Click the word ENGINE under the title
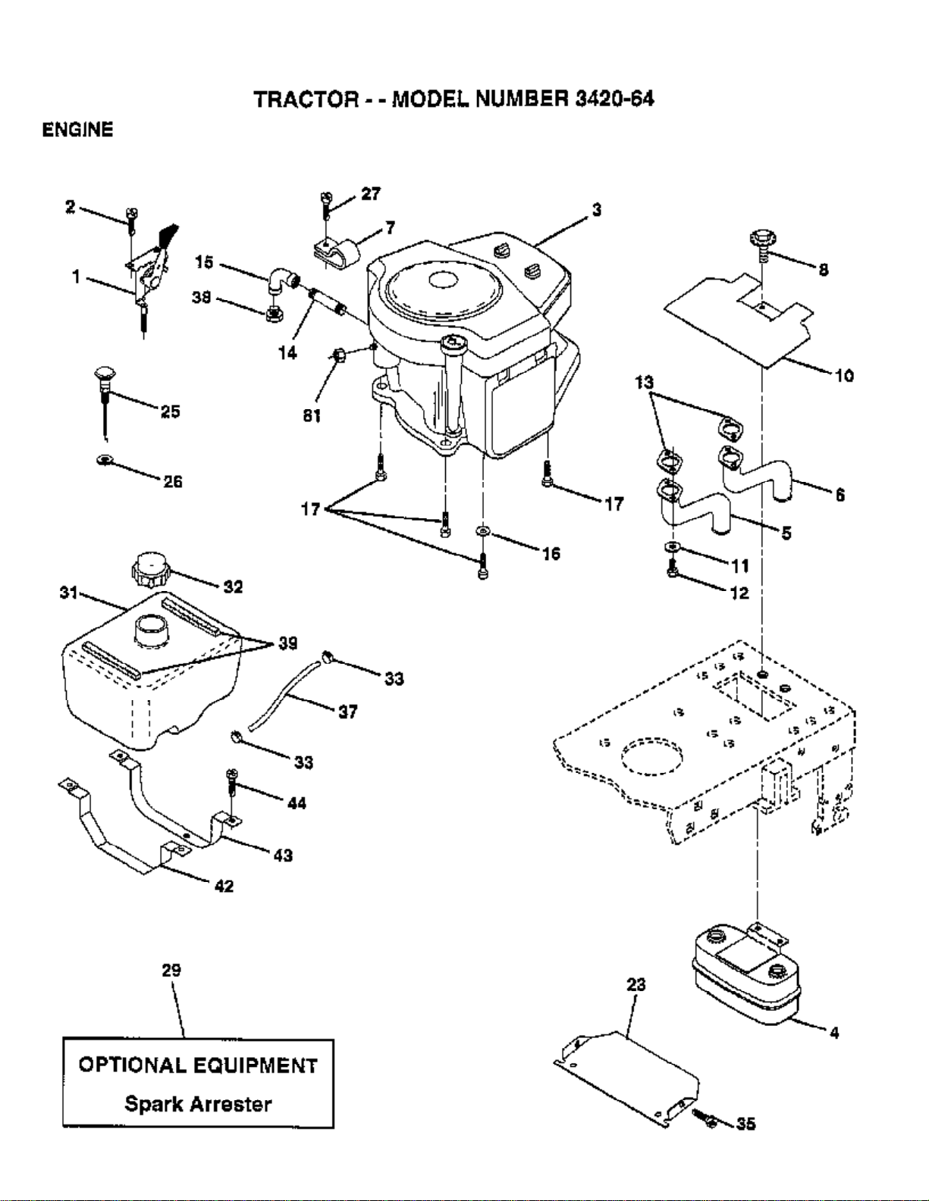pyautogui.click(x=78, y=130)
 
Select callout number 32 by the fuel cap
pyautogui.click(x=234, y=586)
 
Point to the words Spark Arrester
pyautogui.click(x=198, y=1104)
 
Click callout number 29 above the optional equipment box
pyautogui.click(x=171, y=970)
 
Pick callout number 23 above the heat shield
pyautogui.click(x=636, y=984)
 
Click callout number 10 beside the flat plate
pyautogui.click(x=844, y=376)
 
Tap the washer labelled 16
pyautogui.click(x=483, y=531)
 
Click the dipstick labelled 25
pyautogui.click(x=103, y=403)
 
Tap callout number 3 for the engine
pyautogui.click(x=597, y=210)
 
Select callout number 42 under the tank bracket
pyautogui.click(x=224, y=886)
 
